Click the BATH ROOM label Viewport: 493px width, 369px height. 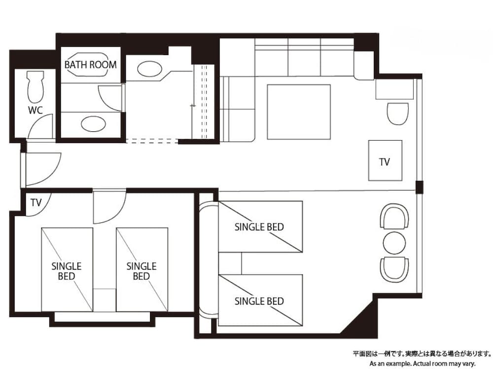(x=91, y=64)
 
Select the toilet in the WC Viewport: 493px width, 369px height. (x=36, y=88)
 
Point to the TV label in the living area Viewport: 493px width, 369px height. (x=385, y=161)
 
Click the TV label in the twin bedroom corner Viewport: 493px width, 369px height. (x=35, y=202)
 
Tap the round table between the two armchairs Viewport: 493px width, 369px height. (x=394, y=243)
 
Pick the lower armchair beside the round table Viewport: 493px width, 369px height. (x=394, y=269)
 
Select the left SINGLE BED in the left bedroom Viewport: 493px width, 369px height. (x=67, y=269)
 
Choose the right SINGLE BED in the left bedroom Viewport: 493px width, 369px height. (x=142, y=269)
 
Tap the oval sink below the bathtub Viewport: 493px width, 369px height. (x=93, y=123)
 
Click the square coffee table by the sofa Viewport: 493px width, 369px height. (x=299, y=112)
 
